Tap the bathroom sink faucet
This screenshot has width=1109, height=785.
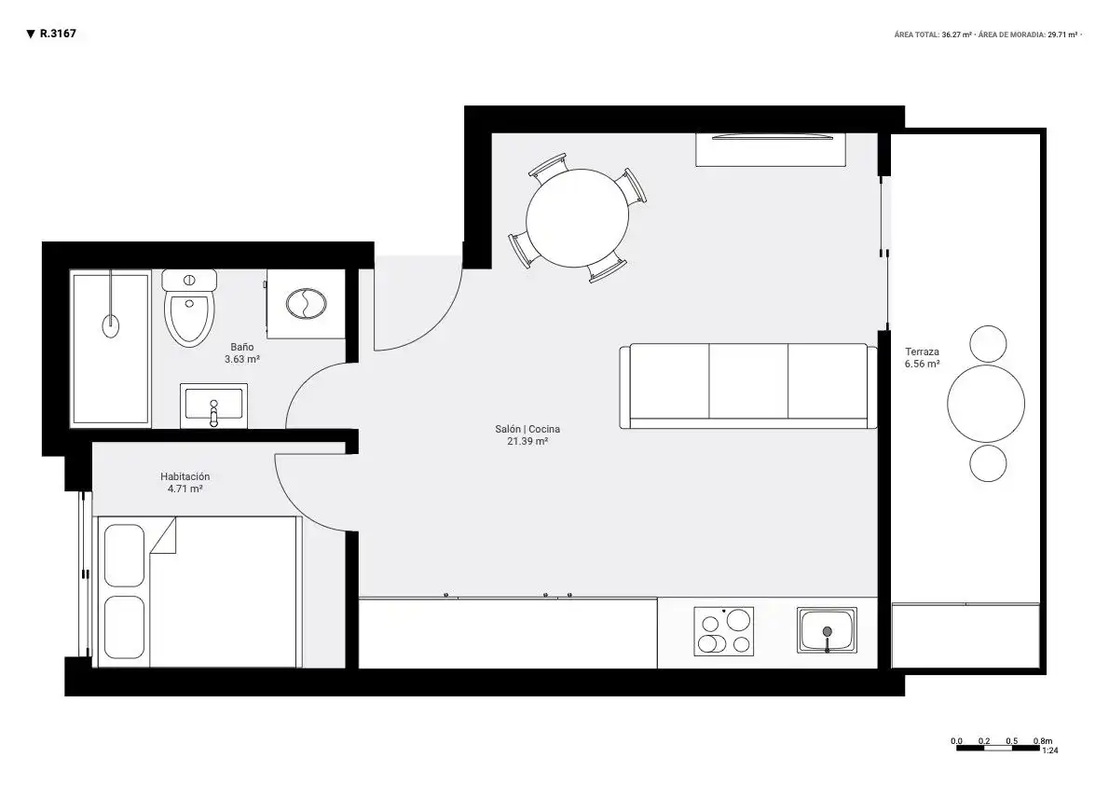(x=213, y=413)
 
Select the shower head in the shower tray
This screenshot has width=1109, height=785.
(x=111, y=325)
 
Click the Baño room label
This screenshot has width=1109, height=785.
(x=242, y=347)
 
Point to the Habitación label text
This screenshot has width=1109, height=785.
(x=185, y=476)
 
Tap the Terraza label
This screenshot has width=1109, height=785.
(x=923, y=351)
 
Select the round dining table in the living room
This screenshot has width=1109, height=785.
(x=577, y=217)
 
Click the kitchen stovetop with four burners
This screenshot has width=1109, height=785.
(x=723, y=631)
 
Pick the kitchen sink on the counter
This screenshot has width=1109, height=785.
(x=827, y=630)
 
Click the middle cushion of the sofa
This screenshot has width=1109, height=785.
(x=748, y=381)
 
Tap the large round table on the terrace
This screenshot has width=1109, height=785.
(x=986, y=405)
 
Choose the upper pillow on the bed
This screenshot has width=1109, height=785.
(x=125, y=555)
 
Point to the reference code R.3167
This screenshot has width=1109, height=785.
(x=58, y=34)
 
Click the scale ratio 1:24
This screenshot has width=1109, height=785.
(x=1050, y=751)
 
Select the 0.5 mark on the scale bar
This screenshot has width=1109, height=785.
(x=1012, y=741)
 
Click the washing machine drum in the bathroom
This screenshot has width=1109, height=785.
(x=307, y=304)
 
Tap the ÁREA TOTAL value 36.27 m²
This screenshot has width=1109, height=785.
(x=956, y=34)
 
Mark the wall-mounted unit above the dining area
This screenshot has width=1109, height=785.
(x=771, y=149)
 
